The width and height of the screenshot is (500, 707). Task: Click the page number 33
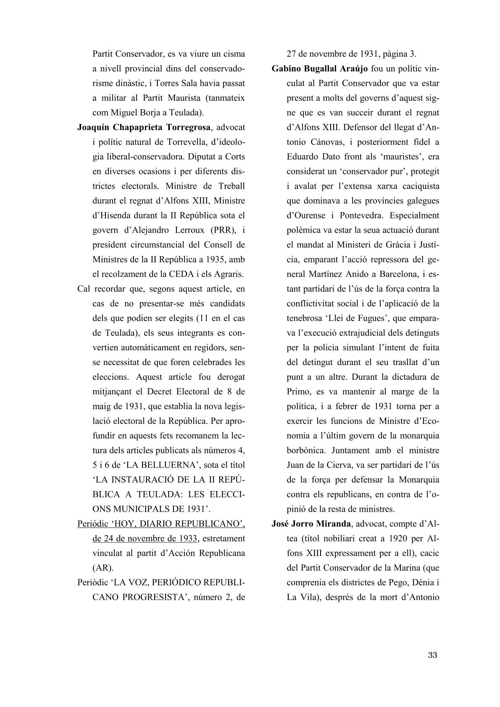coord(433,655)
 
